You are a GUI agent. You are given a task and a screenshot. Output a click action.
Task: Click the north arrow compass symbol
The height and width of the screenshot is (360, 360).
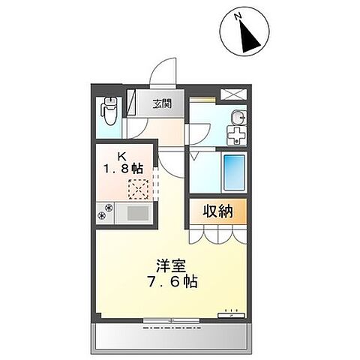coord(247,31)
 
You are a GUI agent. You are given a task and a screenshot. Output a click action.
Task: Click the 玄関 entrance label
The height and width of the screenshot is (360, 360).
coord(162,104)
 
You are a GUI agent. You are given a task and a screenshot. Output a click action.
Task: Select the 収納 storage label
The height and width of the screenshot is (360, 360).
coord(217,211)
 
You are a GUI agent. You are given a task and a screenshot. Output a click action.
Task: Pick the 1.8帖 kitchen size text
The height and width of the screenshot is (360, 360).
coord(127,170)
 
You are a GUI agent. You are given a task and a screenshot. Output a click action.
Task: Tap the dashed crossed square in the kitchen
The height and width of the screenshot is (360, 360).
coord(138,188)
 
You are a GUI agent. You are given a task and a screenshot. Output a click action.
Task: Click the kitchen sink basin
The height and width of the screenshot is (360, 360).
coord(137,213)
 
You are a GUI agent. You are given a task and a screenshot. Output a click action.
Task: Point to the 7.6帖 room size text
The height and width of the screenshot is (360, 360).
coord(172,284)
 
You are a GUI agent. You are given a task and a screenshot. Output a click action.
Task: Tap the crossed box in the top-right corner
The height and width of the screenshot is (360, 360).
coord(232,95)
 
